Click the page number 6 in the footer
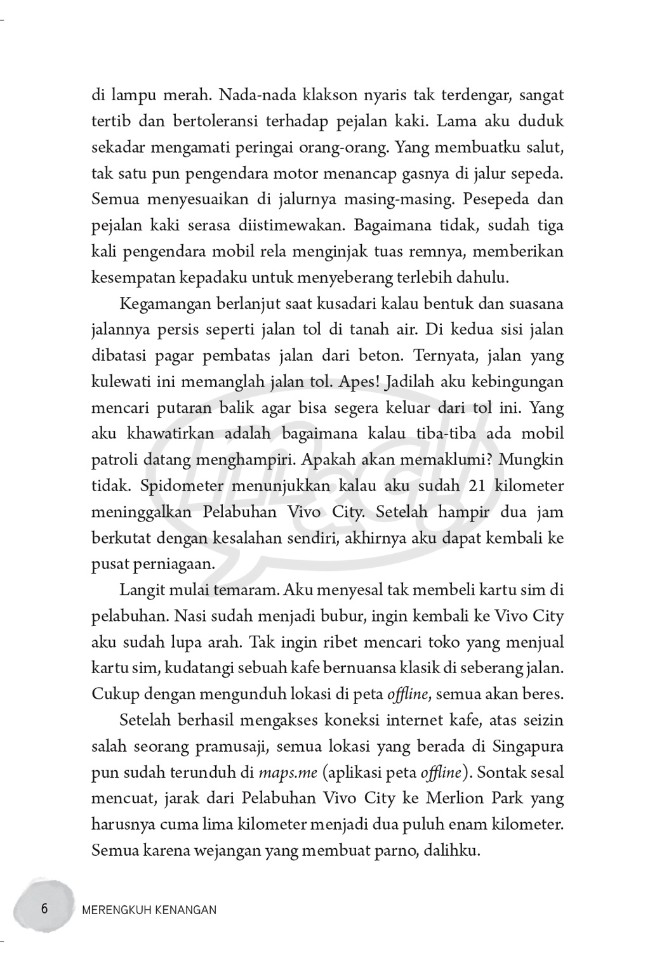pos(44,908)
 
